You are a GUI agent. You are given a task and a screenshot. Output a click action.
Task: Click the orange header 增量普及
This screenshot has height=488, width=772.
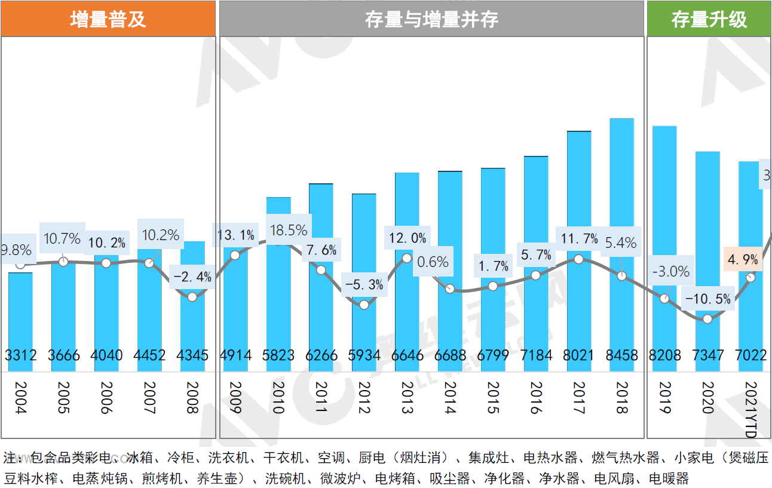pyautogui.click(x=108, y=19)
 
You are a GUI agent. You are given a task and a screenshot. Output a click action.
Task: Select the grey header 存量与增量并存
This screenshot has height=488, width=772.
pyautogui.click(x=431, y=19)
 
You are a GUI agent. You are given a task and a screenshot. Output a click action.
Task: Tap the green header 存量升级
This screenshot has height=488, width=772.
pyautogui.click(x=709, y=19)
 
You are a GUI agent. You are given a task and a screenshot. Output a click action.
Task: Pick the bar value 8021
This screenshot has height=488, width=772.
pyautogui.click(x=578, y=355)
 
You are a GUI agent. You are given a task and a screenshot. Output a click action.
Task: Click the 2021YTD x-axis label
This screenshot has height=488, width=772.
pyautogui.click(x=751, y=409)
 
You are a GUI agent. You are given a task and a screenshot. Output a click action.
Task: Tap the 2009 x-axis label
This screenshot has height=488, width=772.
pyautogui.click(x=235, y=398)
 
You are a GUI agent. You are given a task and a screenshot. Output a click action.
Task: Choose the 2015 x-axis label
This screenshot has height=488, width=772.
pyautogui.click(x=493, y=398)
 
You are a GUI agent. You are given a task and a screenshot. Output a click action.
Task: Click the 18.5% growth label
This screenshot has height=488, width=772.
pyautogui.click(x=289, y=231)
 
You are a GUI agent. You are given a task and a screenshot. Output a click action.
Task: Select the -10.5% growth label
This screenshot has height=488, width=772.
pyautogui.click(x=708, y=299)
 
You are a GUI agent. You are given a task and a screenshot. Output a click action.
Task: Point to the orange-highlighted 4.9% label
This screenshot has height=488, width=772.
pyautogui.click(x=743, y=260)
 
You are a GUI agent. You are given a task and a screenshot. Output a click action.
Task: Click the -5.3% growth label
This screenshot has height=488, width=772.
pyautogui.click(x=364, y=285)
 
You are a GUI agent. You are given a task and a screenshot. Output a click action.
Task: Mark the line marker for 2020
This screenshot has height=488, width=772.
pyautogui.click(x=708, y=319)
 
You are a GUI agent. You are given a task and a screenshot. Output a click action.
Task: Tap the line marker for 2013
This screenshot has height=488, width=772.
pyautogui.click(x=407, y=258)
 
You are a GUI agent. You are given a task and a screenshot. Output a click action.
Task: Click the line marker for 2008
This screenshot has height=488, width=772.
pyautogui.click(x=192, y=296)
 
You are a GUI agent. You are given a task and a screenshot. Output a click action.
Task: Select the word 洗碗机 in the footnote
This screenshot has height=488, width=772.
pyautogui.click(x=285, y=478)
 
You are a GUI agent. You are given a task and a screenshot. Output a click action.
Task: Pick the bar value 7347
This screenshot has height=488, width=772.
pyautogui.click(x=707, y=355)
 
